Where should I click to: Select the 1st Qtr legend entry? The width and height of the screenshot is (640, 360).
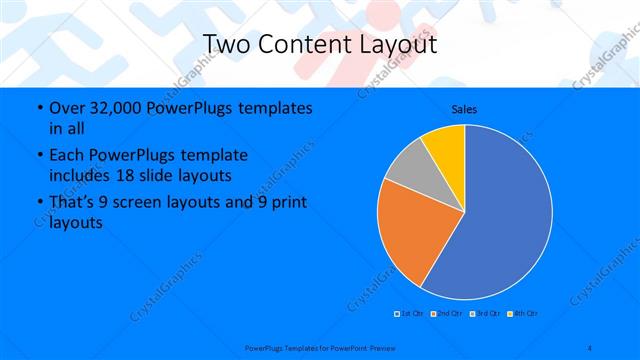(411, 313)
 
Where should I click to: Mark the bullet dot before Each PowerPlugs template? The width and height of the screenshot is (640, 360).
(38, 156)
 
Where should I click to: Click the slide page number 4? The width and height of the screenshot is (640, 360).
(590, 347)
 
